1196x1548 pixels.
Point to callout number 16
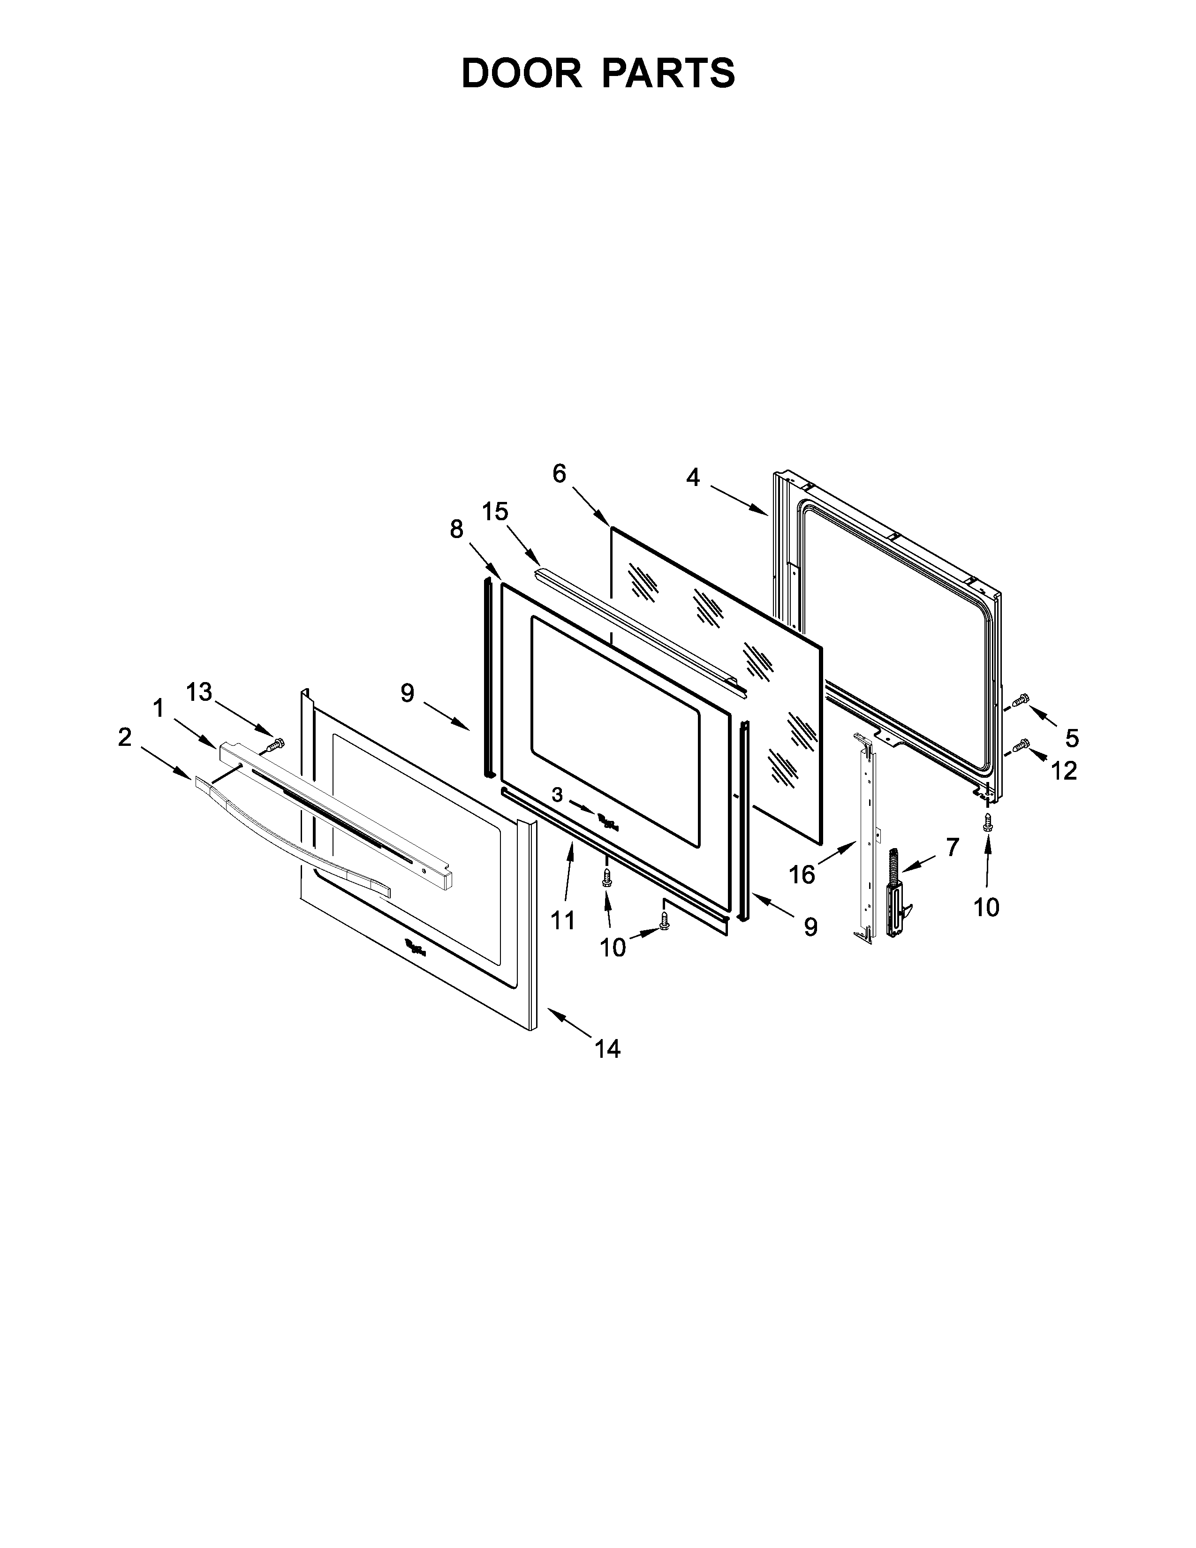pos(802,875)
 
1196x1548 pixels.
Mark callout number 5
pos(1071,738)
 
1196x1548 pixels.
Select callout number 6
pos(560,473)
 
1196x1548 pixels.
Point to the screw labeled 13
pos(276,744)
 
